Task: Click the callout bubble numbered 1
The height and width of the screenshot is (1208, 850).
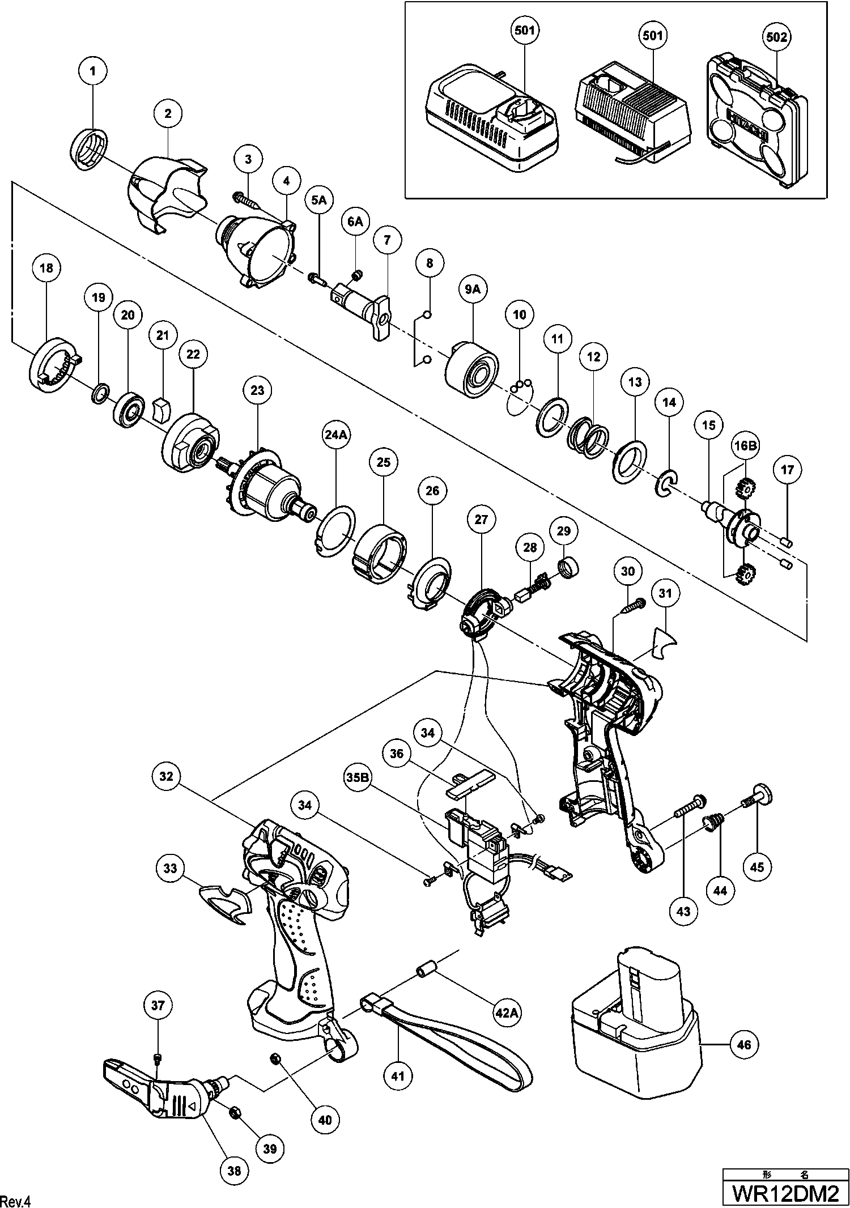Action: pyautogui.click(x=94, y=71)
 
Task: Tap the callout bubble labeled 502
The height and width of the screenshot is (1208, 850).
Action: pyautogui.click(x=776, y=37)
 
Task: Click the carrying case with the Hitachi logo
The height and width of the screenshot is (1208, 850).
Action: pyautogui.click(x=756, y=124)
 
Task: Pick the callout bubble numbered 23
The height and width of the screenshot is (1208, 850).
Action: pyautogui.click(x=257, y=390)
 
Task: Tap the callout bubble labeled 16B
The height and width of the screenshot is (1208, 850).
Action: pyautogui.click(x=745, y=446)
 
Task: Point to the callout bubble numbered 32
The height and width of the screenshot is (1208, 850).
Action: pyautogui.click(x=165, y=776)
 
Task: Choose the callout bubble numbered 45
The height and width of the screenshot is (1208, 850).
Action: pyautogui.click(x=757, y=867)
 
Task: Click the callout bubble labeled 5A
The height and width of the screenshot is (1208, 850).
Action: pyautogui.click(x=318, y=200)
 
